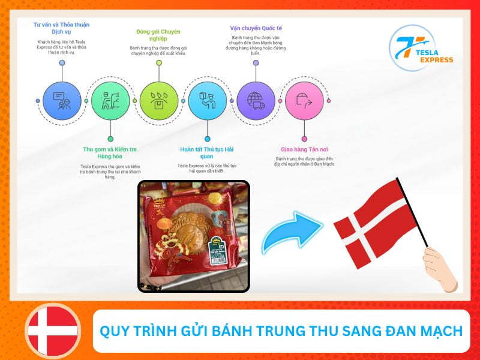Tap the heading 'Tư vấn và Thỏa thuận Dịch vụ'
(x=62, y=28)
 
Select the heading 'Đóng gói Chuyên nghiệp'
(x=158, y=35)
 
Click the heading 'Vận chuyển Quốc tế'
(x=256, y=28)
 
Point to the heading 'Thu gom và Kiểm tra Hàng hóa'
(x=110, y=153)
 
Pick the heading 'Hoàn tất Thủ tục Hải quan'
(x=207, y=153)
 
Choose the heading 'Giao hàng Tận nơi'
(x=304, y=149)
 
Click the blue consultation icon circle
(x=62, y=100)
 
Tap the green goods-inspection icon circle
(x=110, y=100)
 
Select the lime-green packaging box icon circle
(x=159, y=100)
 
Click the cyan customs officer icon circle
(x=207, y=100)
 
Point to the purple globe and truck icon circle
(x=256, y=100)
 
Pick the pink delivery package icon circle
(x=304, y=100)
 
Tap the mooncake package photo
(x=194, y=236)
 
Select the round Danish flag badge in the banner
(x=53, y=331)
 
